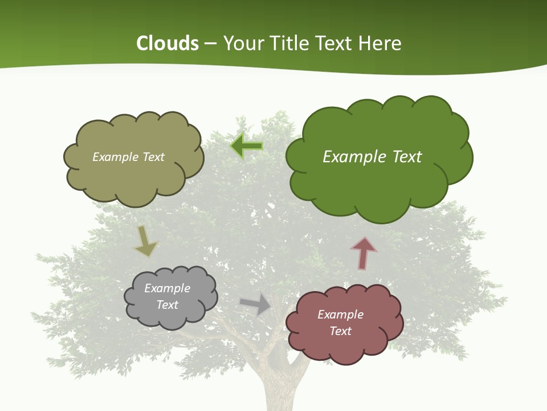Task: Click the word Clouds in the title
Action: point(168,43)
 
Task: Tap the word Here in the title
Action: point(380,43)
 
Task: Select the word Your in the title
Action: point(241,43)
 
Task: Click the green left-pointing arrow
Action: point(247,146)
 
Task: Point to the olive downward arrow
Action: point(145,241)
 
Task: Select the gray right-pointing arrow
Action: point(256,304)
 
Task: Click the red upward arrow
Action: point(364,253)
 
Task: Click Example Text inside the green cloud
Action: point(372,157)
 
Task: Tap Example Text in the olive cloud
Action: point(128,157)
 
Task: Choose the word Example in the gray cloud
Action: point(167,288)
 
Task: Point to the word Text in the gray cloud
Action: point(167,305)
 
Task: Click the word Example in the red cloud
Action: point(340,315)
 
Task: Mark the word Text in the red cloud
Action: point(340,331)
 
